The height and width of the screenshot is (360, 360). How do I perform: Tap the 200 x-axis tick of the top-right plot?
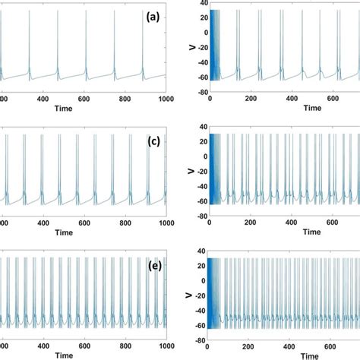[249, 99]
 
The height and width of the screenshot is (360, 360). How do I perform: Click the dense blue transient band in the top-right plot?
[214, 46]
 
